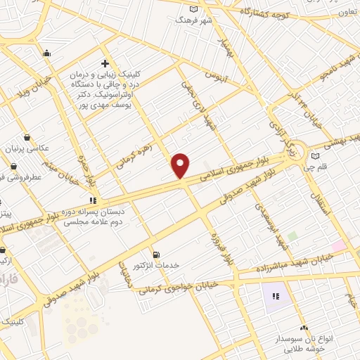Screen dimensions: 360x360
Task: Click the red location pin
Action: (x=181, y=165)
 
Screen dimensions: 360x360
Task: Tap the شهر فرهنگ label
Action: (x=193, y=20)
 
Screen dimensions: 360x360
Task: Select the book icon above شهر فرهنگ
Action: (x=194, y=9)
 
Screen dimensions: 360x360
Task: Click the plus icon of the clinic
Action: (x=105, y=63)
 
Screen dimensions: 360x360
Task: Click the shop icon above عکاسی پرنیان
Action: (x=27, y=137)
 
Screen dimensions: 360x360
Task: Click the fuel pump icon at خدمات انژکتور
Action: (x=156, y=254)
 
